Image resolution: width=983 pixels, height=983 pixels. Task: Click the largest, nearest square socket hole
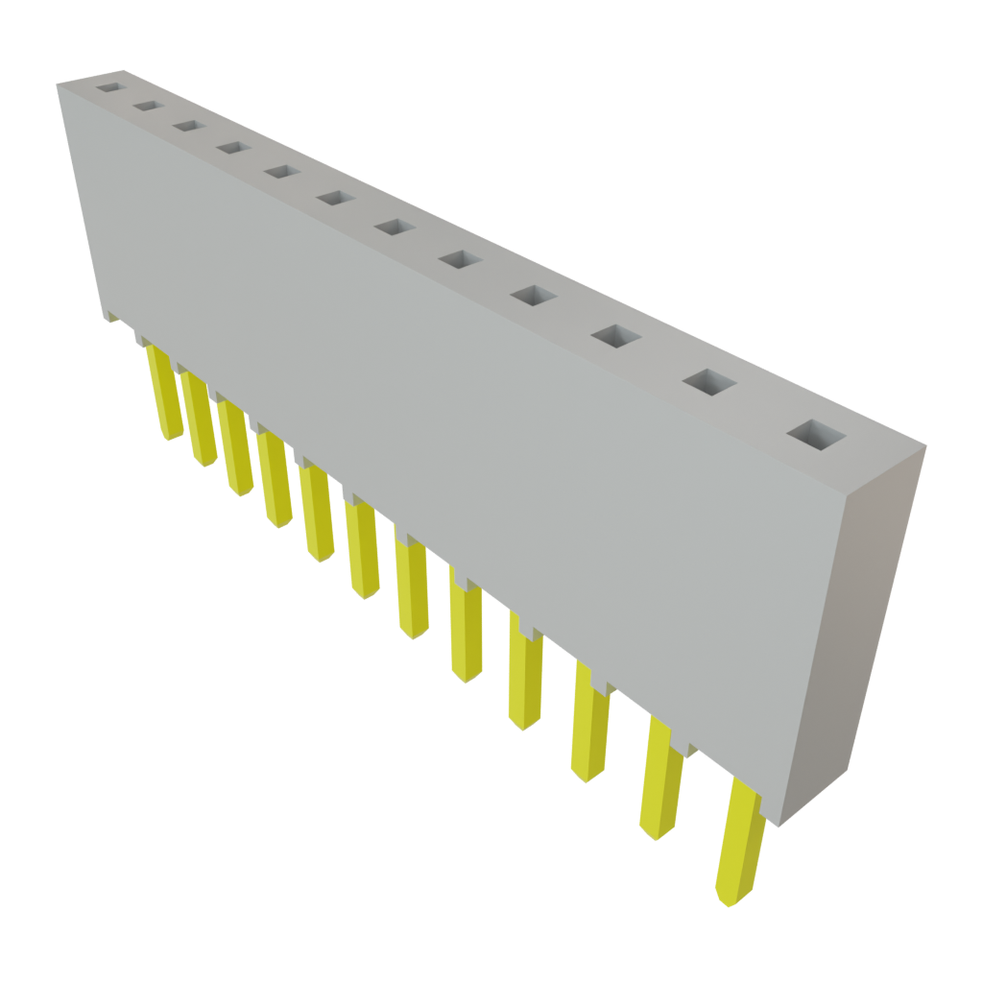(x=818, y=434)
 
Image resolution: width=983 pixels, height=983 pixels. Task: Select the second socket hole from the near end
(x=709, y=382)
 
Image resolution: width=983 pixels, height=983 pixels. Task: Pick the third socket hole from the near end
(x=616, y=336)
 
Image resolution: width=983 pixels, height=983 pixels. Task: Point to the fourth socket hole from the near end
(x=535, y=296)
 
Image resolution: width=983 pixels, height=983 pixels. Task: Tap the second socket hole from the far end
(x=147, y=106)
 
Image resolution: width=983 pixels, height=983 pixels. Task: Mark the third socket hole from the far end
(x=187, y=126)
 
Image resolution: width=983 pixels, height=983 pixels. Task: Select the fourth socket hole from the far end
(x=230, y=147)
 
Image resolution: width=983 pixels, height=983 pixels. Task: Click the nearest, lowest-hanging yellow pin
(x=740, y=845)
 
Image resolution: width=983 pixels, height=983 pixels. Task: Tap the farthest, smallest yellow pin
(x=163, y=394)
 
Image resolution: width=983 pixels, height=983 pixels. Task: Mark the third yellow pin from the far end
(x=236, y=449)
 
